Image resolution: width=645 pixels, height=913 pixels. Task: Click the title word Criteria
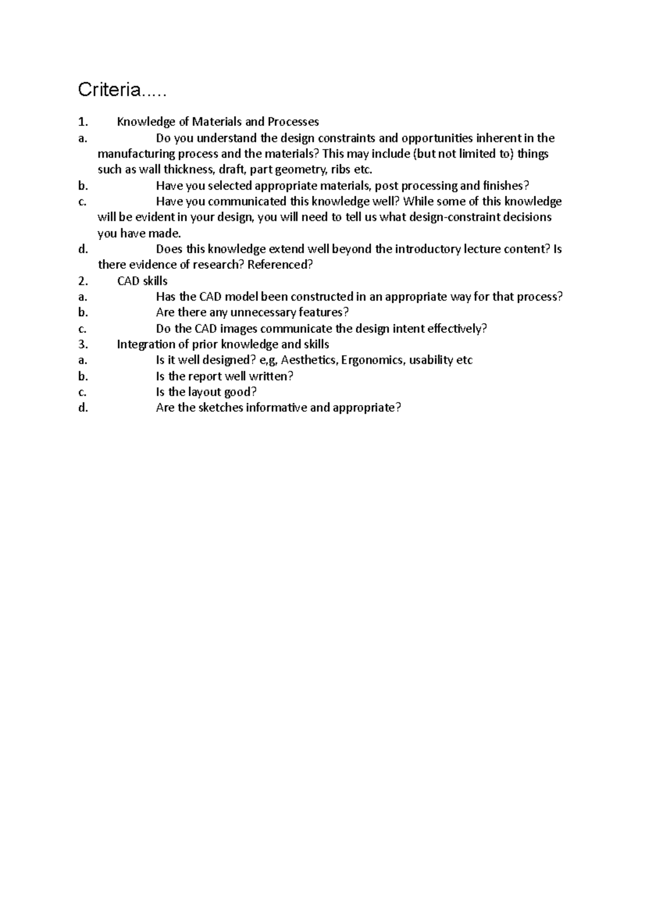tap(110, 90)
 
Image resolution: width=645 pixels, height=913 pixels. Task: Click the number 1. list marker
tap(83, 122)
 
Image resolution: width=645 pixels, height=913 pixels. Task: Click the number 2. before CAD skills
tap(83, 281)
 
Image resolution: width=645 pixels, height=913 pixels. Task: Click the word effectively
tap(457, 329)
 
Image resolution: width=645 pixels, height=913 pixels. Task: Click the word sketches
tap(220, 408)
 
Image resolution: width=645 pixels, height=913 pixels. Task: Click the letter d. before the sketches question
tap(82, 408)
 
